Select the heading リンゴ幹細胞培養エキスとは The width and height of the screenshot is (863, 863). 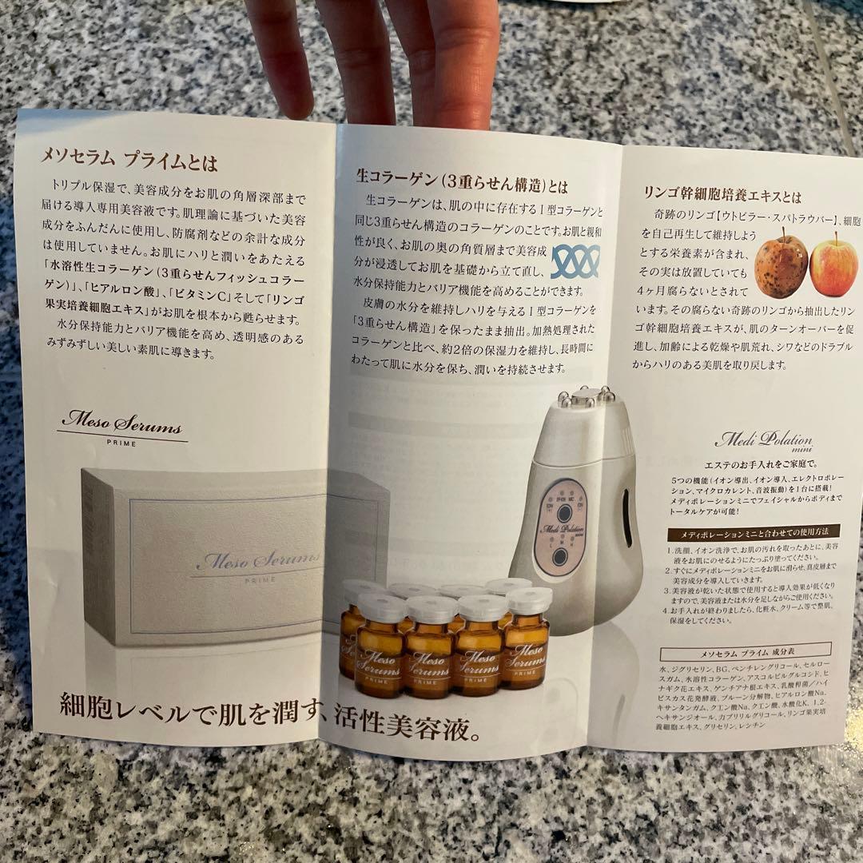tap(722, 196)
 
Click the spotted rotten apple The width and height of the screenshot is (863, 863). tap(781, 265)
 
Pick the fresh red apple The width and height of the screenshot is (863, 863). tap(833, 265)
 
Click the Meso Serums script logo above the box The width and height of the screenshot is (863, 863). tap(121, 424)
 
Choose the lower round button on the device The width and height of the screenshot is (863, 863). tap(559, 556)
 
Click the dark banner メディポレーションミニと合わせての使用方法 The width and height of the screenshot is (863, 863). tap(743, 532)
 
